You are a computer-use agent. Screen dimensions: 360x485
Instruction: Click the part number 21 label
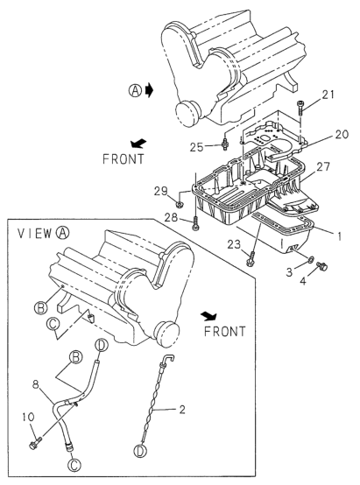pos(328,95)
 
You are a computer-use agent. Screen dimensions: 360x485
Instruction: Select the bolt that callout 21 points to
pos(300,109)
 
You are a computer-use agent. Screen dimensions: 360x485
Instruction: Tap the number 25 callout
pos(196,147)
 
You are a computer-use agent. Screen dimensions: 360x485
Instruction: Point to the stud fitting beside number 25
pos(225,144)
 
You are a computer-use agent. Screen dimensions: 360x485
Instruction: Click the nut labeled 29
pos(179,204)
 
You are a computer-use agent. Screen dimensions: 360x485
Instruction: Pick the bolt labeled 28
pos(195,223)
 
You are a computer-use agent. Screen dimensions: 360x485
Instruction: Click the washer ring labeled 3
pos(309,259)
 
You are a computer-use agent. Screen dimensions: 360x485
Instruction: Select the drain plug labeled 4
pos(322,265)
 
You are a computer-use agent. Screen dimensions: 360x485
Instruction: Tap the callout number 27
pos(323,166)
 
